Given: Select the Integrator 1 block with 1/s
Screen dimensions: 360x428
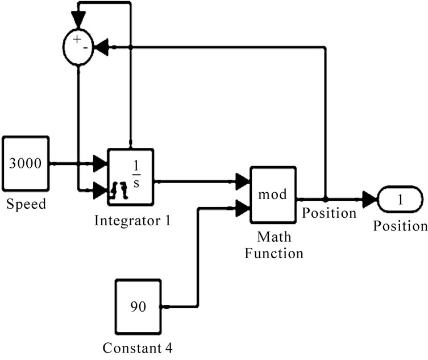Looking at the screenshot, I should point(130,177).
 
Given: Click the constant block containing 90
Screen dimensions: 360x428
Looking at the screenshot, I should point(138,307).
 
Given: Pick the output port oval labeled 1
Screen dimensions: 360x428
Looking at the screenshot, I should point(400,200).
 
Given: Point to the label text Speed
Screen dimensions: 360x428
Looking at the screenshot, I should point(25,204).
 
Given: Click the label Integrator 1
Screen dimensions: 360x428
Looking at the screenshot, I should point(132,220).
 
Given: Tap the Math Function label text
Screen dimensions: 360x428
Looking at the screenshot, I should point(273,244).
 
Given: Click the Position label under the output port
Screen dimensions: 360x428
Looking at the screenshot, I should point(400,226).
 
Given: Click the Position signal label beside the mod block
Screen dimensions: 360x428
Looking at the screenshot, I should point(329,213).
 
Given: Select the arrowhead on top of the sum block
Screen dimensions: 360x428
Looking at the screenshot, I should point(78,21).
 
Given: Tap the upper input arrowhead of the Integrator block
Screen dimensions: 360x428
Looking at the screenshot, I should point(100,164).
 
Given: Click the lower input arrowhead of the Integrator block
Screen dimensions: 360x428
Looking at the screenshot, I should point(100,188).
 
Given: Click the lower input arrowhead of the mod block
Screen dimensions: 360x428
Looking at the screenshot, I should point(243,208).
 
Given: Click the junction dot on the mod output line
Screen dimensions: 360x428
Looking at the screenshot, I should point(325,200).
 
